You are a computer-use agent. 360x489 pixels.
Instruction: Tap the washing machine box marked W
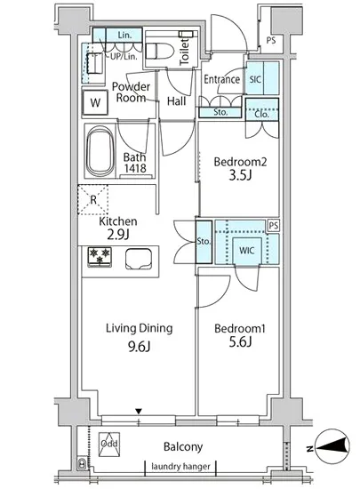click(95, 102)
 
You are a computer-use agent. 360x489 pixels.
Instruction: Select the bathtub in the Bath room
click(100, 151)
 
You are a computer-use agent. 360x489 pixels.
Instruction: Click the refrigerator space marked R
click(92, 199)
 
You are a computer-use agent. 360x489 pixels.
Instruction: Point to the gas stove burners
click(100, 257)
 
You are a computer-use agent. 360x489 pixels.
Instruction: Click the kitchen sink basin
click(139, 259)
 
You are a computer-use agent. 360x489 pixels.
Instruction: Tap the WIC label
click(246, 250)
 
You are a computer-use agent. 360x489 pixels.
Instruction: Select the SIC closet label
click(255, 79)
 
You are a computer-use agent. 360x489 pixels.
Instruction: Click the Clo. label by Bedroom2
click(261, 114)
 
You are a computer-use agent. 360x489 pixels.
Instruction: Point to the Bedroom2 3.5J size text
click(240, 175)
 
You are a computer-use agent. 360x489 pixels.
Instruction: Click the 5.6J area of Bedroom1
click(240, 342)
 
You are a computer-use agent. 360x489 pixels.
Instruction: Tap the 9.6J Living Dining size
click(139, 347)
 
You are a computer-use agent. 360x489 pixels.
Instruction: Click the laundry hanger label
click(180, 467)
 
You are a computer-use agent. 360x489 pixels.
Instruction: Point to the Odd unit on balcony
click(109, 444)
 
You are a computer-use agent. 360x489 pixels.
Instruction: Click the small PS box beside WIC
click(274, 226)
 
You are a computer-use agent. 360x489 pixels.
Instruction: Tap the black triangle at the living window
click(139, 412)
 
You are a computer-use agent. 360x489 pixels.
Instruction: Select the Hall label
click(176, 101)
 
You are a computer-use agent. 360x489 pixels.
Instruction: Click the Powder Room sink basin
click(94, 63)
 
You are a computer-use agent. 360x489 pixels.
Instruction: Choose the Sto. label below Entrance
click(220, 112)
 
